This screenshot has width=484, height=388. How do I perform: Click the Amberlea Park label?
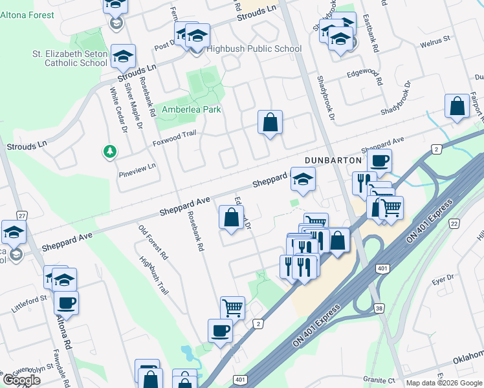[x=192, y=109]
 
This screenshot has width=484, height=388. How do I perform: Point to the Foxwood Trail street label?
[x=173, y=136]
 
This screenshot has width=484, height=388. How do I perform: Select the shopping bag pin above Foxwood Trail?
[x=270, y=122]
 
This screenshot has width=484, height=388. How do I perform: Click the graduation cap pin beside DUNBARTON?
[x=302, y=179]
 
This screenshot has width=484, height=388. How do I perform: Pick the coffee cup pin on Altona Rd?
[x=66, y=303]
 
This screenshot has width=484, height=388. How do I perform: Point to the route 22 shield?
[x=454, y=223]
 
